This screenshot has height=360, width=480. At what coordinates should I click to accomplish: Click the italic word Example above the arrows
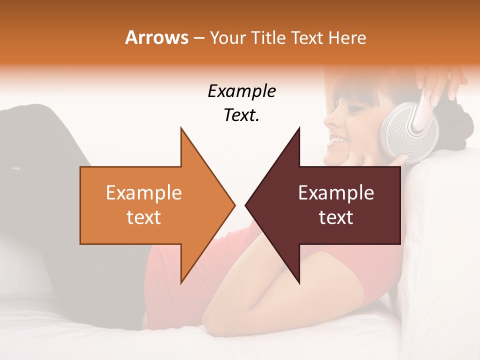click(241, 91)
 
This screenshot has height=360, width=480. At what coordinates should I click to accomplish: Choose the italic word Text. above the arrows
click(241, 115)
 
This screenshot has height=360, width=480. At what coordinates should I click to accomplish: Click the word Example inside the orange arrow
click(143, 193)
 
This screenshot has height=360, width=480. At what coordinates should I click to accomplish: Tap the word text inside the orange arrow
click(143, 217)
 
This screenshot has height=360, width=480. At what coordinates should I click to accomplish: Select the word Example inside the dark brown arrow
click(336, 193)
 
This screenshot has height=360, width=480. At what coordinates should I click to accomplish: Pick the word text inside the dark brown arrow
click(336, 217)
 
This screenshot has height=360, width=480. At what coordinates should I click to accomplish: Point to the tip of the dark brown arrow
click(246, 205)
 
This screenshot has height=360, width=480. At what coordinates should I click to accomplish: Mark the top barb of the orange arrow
click(181, 129)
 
